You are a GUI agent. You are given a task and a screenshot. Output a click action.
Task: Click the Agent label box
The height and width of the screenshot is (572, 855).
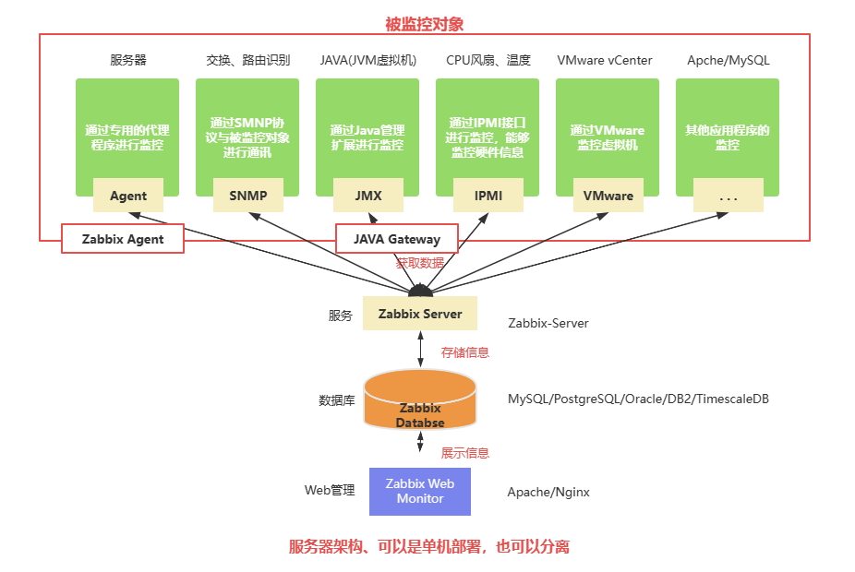[x=128, y=196]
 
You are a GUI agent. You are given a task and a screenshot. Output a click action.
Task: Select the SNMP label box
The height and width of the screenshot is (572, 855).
[x=247, y=196]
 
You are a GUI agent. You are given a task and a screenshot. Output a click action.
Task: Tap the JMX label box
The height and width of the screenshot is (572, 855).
[x=367, y=196]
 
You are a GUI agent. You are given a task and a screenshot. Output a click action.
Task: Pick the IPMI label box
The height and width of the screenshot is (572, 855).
[x=488, y=196]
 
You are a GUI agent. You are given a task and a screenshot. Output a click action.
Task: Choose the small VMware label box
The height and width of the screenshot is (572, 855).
[x=608, y=196]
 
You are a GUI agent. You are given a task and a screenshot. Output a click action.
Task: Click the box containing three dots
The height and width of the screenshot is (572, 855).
[x=728, y=196]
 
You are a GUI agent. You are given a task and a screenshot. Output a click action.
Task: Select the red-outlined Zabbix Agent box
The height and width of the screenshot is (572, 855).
[x=123, y=239]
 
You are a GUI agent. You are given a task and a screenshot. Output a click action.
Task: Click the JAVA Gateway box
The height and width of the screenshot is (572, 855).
[x=396, y=239]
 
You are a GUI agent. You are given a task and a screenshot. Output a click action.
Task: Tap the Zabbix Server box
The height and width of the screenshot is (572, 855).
[x=420, y=314]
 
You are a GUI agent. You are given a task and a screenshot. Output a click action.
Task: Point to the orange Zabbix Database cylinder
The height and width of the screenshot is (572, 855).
[x=420, y=399]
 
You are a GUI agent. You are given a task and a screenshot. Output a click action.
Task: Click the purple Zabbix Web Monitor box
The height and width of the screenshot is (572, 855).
[x=420, y=491]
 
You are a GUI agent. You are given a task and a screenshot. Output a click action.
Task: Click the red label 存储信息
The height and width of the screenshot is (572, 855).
[x=465, y=352]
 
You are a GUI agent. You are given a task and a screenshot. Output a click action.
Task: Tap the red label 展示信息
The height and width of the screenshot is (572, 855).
[x=465, y=453]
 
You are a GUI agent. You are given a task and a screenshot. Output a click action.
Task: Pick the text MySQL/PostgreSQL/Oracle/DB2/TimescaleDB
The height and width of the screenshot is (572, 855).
[x=638, y=399]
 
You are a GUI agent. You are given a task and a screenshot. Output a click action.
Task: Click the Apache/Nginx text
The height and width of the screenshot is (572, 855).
[x=548, y=492]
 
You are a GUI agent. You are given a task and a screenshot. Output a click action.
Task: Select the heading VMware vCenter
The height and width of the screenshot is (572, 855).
[x=605, y=61]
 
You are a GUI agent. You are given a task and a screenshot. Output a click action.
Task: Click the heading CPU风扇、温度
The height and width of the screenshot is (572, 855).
[x=488, y=61]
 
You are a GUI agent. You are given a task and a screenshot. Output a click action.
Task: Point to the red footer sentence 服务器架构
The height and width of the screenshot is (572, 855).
[x=429, y=546]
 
